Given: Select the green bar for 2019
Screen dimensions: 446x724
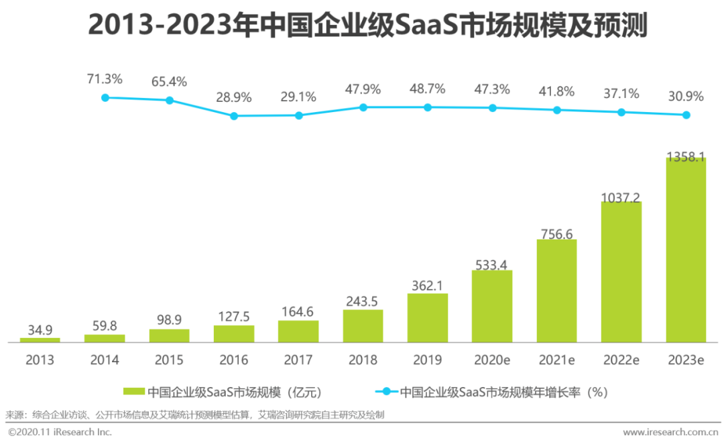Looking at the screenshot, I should [x=427, y=318].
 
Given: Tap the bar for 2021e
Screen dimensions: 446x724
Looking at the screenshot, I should [x=556, y=290].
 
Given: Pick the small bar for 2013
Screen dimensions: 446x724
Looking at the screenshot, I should [x=40, y=340].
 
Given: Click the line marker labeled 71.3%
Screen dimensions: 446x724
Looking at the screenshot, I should [x=105, y=97].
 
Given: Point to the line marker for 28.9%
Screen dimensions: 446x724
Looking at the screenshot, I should [x=234, y=116].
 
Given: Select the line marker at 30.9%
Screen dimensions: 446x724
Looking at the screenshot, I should [x=686, y=115].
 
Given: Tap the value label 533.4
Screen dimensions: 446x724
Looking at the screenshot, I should [x=491, y=265].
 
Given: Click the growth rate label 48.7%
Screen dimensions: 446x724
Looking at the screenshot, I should [x=427, y=89].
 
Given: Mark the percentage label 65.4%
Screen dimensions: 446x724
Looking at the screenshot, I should [x=169, y=82].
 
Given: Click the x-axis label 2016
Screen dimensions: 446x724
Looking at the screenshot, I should [x=234, y=360].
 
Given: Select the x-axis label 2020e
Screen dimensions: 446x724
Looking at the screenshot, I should [x=491, y=360].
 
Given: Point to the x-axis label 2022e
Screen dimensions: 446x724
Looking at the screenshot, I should [x=621, y=360].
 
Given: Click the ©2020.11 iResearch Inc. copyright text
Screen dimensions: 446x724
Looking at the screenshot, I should [x=60, y=432].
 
